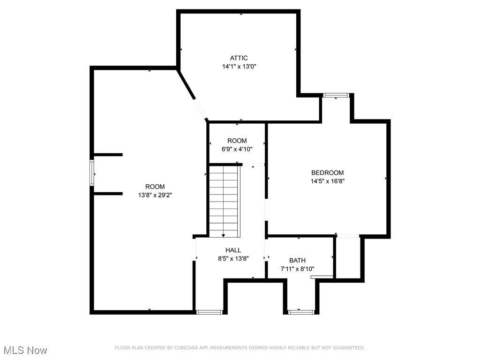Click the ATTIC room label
tap(239, 58)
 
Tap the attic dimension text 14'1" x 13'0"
tap(239, 67)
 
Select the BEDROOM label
tap(327, 172)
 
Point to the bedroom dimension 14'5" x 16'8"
tap(327, 181)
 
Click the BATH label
tap(297, 261)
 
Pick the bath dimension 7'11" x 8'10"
tap(297, 269)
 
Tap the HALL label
tap(233, 250)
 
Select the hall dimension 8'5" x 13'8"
tap(233, 258)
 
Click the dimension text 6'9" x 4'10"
tap(237, 150)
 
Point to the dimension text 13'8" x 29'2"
tap(155, 195)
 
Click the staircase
tap(224, 202)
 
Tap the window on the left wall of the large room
tap(92, 173)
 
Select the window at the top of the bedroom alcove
tap(336, 95)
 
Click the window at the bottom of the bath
tap(301, 312)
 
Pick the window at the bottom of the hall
tap(210, 312)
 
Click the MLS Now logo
tap(25, 350)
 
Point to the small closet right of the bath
tap(347, 258)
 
